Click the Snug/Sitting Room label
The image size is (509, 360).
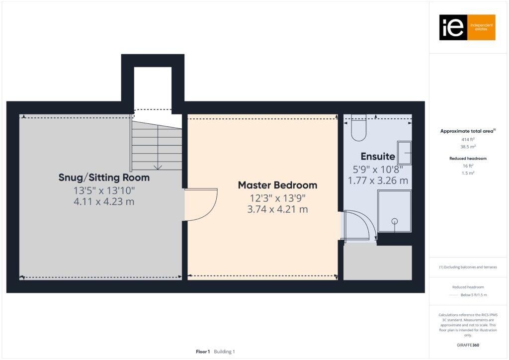pos(104,178)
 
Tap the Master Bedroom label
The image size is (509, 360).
pos(277,185)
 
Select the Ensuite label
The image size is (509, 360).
pos(378,157)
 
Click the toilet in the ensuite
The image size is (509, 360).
pos(358,128)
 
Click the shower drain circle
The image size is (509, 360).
pos(395,221)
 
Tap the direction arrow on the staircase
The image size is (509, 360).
pos(158,167)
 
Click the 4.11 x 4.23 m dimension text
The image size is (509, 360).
pos(104,202)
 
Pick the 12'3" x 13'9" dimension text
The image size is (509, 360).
pos(277,198)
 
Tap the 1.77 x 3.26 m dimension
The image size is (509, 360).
pos(378,180)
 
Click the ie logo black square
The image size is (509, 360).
pos(453,27)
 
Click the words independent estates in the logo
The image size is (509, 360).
pos(481,27)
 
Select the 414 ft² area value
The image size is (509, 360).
pos(468,140)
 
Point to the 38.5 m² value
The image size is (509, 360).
pos(468,147)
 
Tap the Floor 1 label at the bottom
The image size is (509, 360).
pos(203,352)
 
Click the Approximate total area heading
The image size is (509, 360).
pos(468,131)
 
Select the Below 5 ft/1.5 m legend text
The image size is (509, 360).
pos(474,295)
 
